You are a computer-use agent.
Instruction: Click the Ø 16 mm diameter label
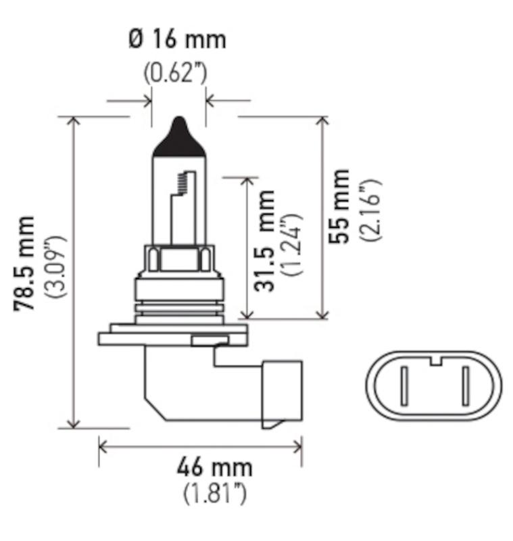click(177, 39)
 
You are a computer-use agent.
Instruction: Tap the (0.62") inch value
click(176, 72)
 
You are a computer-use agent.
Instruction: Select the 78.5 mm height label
click(25, 264)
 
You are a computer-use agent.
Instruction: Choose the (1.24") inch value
click(293, 245)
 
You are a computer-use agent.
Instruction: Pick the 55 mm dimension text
click(340, 206)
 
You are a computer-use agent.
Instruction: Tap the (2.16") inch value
click(370, 210)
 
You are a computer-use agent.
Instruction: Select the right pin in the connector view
click(465, 385)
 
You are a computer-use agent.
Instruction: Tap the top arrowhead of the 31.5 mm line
click(249, 183)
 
